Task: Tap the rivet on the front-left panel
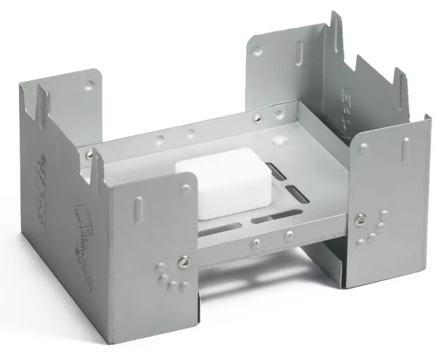[183, 259]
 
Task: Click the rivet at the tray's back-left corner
[89, 154]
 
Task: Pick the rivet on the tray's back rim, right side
[257, 118]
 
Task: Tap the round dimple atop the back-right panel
[257, 51]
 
